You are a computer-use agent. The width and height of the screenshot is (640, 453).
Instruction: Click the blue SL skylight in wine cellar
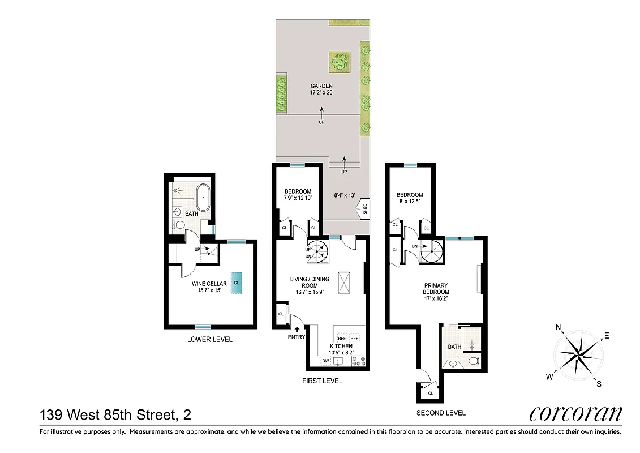[x=236, y=283]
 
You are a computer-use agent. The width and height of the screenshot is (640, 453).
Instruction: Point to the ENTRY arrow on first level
[x=297, y=328]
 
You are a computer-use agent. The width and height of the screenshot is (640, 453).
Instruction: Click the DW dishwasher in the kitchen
[x=325, y=361]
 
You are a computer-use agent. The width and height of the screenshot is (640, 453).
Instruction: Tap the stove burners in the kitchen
[x=359, y=361]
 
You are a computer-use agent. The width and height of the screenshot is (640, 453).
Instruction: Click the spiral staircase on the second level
[x=435, y=251]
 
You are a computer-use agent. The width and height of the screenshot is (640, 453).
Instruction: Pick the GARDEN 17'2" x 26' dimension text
[x=321, y=89]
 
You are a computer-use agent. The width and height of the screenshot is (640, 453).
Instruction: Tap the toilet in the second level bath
[x=474, y=360]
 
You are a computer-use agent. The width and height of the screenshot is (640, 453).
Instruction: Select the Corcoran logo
[x=575, y=414]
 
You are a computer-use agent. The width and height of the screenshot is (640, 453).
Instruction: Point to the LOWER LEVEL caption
[x=210, y=340]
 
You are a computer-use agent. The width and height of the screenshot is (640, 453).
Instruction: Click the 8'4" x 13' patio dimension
[x=344, y=195]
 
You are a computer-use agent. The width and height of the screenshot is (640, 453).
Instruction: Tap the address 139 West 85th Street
[x=115, y=415]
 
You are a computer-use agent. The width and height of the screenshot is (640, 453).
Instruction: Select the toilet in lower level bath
[x=180, y=225]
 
